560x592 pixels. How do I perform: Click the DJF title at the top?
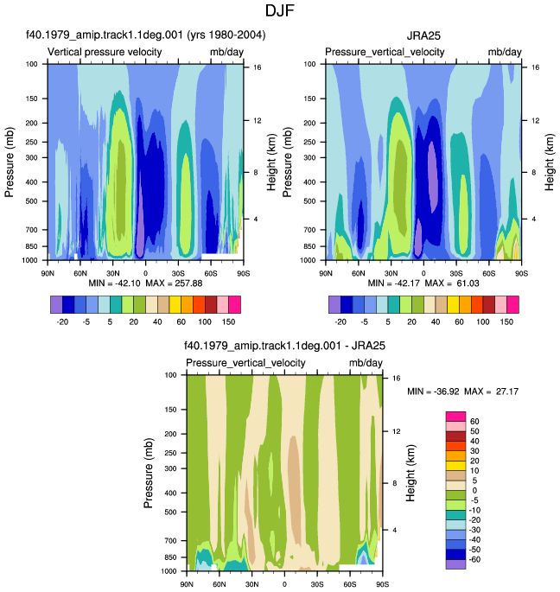[x=279, y=10]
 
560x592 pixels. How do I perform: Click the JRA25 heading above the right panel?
[x=423, y=36]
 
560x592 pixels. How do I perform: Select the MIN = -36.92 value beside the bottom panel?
[x=433, y=391]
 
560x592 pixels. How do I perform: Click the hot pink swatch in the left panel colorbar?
[x=234, y=305]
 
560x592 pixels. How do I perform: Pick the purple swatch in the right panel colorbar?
[x=334, y=305]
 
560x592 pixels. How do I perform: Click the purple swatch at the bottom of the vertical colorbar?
[x=455, y=564]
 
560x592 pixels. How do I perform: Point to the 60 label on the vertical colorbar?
[x=474, y=422]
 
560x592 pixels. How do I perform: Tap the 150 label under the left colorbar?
[x=228, y=322]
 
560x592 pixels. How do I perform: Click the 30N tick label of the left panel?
[x=113, y=273]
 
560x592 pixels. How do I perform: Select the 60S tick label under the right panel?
[x=488, y=273]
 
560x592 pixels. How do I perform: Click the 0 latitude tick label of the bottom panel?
[x=284, y=584]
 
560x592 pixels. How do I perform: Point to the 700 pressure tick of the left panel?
[x=32, y=230]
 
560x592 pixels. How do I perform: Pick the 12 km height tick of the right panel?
[x=536, y=121]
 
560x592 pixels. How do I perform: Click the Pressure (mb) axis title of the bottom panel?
[x=148, y=473]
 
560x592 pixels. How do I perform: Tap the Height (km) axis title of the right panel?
[x=550, y=162]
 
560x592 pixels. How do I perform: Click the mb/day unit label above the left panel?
[x=226, y=52]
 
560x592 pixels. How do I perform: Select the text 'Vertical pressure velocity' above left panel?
[x=105, y=52]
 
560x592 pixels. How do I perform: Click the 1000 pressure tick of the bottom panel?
[x=169, y=571]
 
